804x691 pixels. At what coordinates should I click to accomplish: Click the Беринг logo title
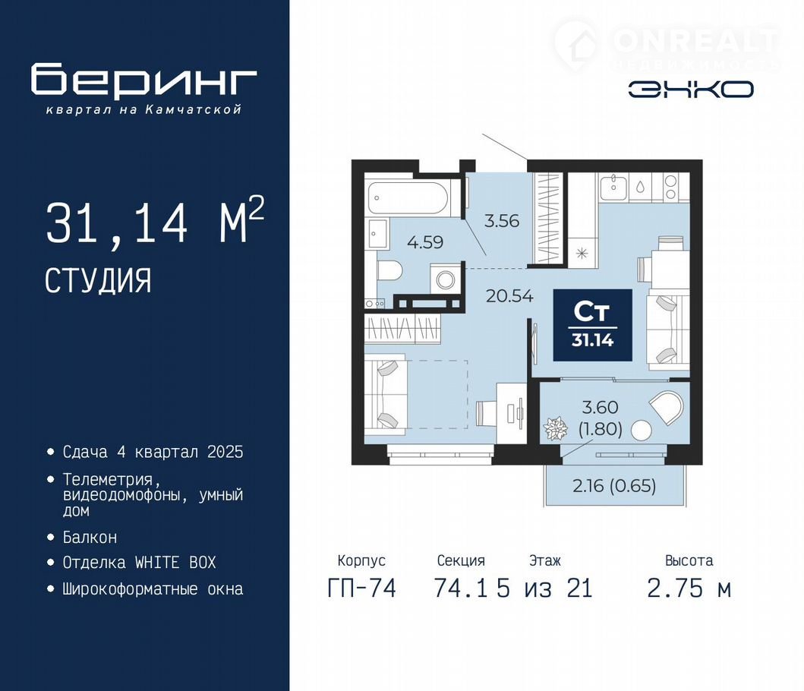(143, 80)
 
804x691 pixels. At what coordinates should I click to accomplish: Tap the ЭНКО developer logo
(691, 90)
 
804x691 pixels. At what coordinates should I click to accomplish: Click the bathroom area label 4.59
(425, 241)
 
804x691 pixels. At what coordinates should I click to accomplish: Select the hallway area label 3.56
(502, 220)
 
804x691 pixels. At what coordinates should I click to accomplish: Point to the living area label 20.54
(509, 296)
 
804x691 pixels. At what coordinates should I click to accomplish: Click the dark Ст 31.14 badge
(592, 325)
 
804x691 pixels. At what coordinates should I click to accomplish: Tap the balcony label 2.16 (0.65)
(614, 485)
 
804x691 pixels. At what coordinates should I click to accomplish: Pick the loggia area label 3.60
(601, 407)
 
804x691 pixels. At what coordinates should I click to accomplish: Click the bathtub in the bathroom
(408, 198)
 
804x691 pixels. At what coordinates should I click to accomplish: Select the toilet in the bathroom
(389, 271)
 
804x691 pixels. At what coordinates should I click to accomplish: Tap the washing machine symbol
(445, 280)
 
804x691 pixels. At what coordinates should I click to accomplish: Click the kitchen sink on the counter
(613, 187)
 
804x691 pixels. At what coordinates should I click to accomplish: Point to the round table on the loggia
(641, 431)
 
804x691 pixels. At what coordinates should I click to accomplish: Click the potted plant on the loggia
(555, 428)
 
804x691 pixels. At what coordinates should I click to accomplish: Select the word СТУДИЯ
(98, 280)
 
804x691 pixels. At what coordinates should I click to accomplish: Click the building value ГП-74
(361, 588)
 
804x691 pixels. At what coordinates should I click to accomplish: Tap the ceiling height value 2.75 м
(689, 588)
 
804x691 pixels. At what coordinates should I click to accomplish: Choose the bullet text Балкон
(90, 537)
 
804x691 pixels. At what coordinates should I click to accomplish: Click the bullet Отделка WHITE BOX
(139, 562)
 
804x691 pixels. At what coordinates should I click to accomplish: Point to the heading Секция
(461, 560)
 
